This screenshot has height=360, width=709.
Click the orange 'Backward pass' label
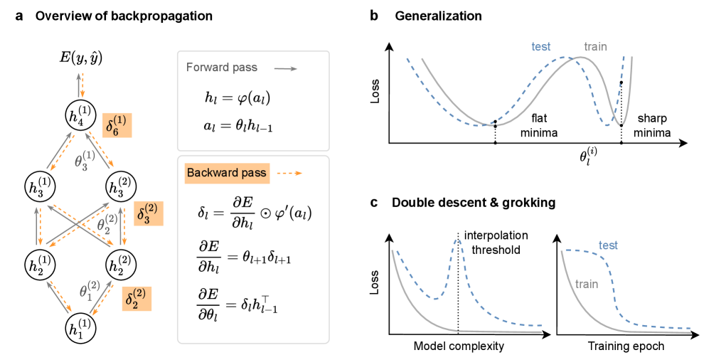pos(217,172)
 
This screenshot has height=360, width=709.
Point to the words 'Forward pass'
pos(217,68)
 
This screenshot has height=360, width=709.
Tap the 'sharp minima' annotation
pos(654,125)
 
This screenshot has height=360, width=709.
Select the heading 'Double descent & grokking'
pos(473,203)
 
